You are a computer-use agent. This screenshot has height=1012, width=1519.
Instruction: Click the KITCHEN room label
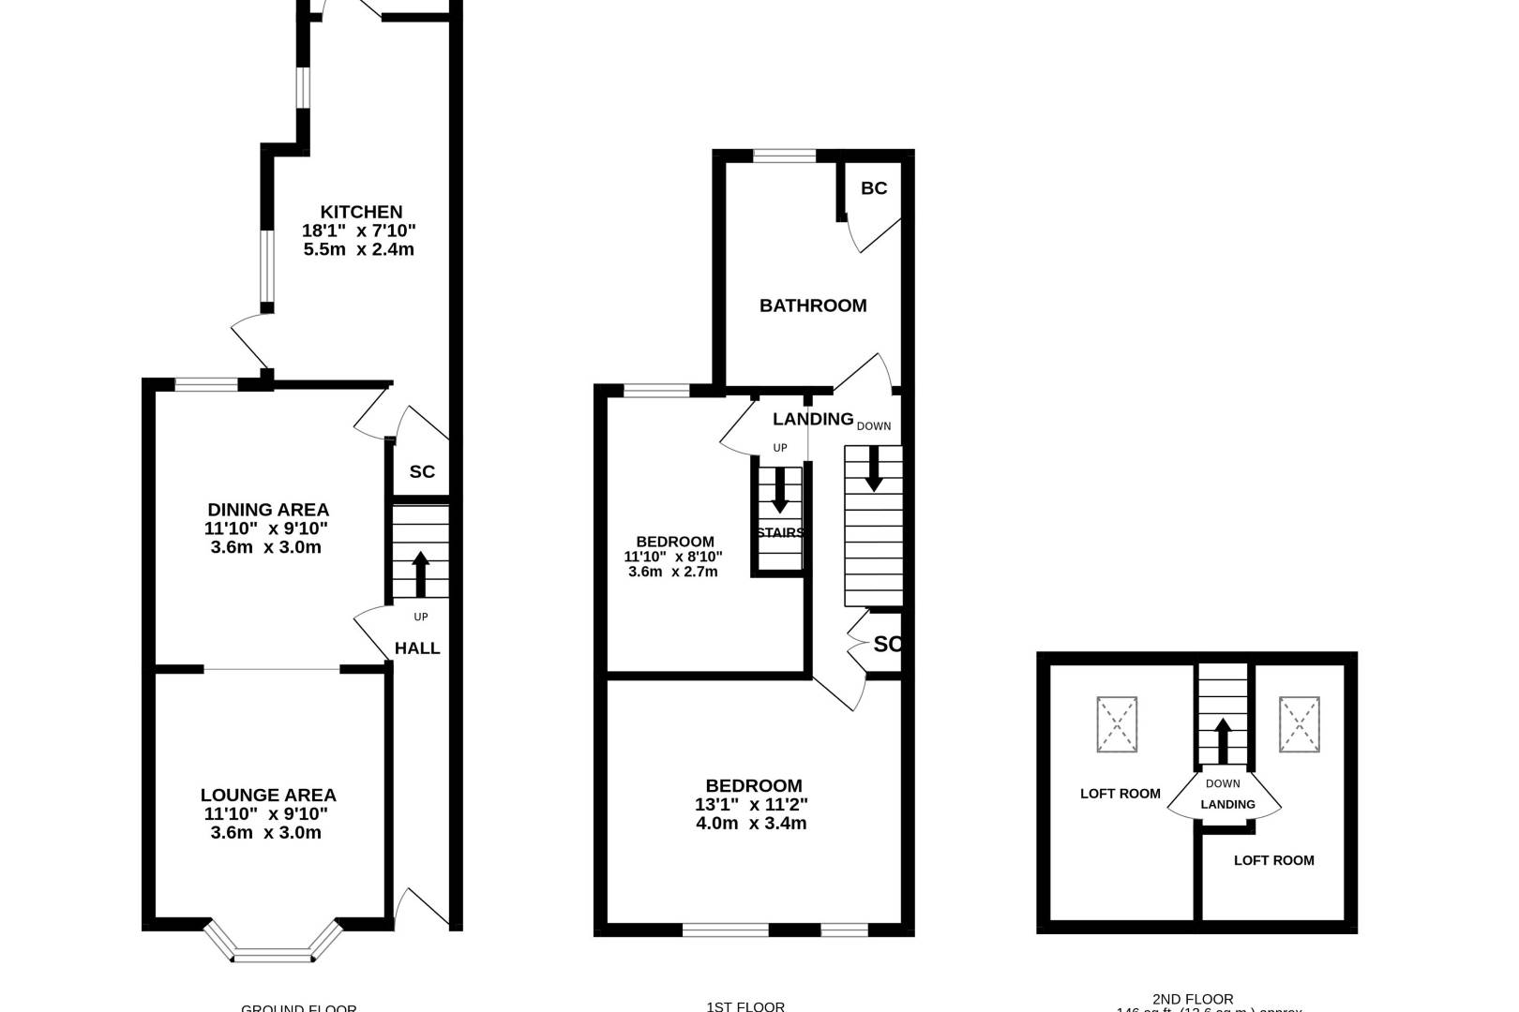tap(361, 213)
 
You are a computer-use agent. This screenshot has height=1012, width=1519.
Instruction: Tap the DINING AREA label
tap(268, 510)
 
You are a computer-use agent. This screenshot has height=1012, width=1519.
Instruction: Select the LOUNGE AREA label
tap(268, 795)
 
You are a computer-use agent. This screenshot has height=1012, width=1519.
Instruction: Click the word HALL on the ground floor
tap(417, 648)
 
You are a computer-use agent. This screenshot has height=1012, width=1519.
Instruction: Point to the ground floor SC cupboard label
tap(422, 471)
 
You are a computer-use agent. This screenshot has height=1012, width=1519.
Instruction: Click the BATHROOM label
tap(813, 305)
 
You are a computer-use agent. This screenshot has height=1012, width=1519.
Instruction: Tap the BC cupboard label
tap(874, 188)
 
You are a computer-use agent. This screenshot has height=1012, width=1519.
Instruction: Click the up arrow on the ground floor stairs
tap(420, 573)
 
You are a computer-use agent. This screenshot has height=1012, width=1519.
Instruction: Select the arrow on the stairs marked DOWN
tap(874, 468)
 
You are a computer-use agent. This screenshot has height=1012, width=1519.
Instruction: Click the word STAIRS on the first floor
tap(780, 532)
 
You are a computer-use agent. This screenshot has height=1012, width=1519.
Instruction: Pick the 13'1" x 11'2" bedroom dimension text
tap(751, 804)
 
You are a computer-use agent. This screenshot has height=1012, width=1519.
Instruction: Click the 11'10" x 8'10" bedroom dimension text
tap(673, 557)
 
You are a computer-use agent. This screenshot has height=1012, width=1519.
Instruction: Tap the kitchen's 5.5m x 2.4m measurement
tap(359, 249)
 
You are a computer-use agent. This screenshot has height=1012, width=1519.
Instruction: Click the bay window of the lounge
tap(273, 946)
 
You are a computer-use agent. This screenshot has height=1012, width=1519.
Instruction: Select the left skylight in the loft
tap(1117, 724)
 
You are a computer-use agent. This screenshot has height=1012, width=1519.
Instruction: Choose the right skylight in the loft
tap(1299, 724)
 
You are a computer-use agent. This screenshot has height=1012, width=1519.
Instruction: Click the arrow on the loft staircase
tap(1223, 740)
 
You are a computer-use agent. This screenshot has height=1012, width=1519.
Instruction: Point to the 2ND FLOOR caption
tap(1193, 999)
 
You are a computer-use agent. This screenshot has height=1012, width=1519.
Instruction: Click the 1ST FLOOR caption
tap(745, 1006)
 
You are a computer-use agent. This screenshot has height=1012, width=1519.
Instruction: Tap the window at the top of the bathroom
tap(785, 156)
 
